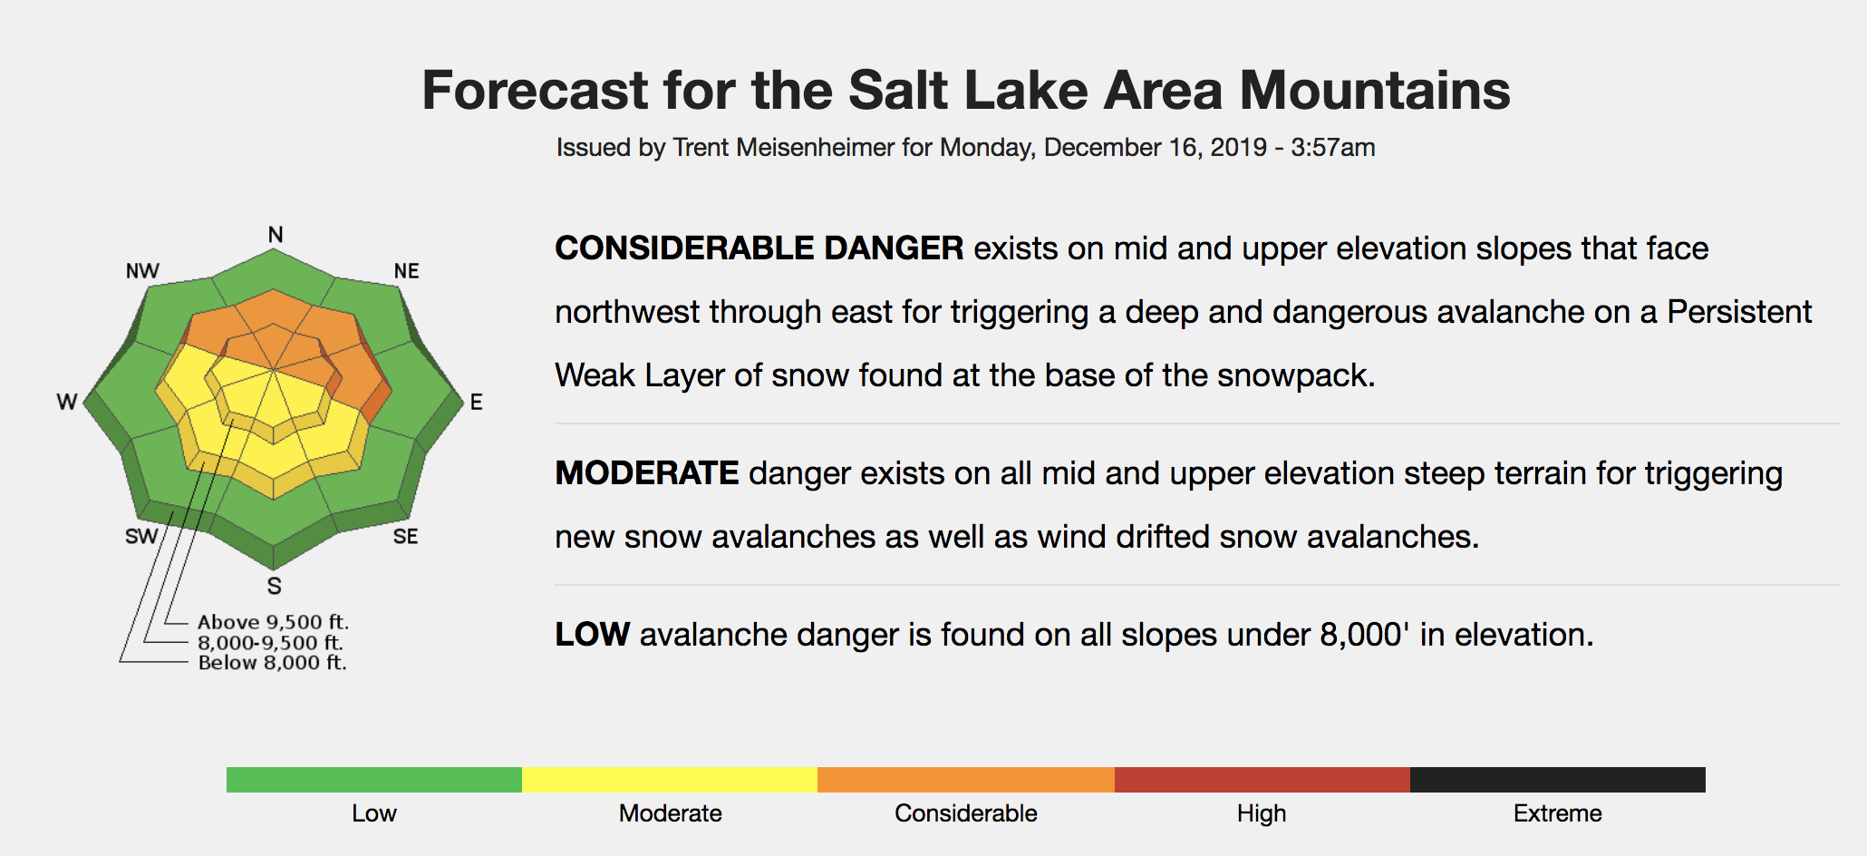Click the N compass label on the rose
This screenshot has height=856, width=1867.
276,235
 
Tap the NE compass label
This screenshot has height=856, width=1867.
407,271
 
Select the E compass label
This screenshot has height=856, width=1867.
477,402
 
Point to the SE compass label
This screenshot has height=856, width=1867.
406,537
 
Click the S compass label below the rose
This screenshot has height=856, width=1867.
275,586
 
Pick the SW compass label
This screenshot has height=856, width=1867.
141,537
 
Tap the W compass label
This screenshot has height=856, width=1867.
67,402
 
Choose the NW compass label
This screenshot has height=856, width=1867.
142,271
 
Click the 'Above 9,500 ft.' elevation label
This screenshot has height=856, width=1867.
273,622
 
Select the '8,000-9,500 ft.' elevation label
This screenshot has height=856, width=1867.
270,643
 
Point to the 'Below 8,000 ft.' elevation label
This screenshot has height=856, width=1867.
272,663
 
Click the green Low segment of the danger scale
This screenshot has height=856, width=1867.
374,780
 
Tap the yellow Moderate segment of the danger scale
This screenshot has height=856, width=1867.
670,780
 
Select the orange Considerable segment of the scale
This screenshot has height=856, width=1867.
966,780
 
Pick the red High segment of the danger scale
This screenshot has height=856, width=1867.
1262,780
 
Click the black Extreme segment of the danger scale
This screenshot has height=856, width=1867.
1558,780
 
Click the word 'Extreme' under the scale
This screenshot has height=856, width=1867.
1558,813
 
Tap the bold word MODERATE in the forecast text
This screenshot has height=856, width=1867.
647,473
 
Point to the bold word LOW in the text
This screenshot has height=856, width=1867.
593,635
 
